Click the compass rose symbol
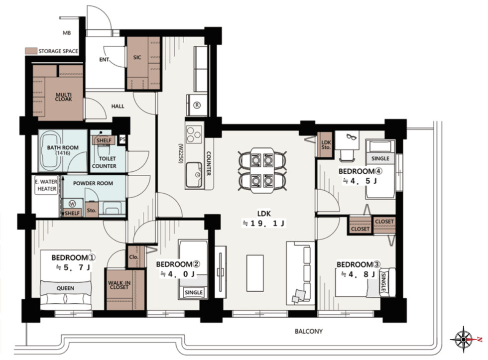[464, 339]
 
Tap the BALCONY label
[308, 332]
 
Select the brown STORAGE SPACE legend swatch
[31, 51]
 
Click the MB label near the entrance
[67, 33]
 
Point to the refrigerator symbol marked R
[197, 105]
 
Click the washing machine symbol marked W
[72, 204]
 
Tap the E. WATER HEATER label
[47, 185]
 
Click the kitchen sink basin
[194, 175]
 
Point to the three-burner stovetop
[194, 134]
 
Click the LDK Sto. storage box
[326, 145]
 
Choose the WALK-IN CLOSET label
[119, 285]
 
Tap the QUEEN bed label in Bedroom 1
[65, 288]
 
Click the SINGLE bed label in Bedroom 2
[194, 292]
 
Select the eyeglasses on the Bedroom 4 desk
[351, 137]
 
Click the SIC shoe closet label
[137, 57]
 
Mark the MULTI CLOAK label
[64, 97]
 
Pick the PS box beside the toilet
[122, 140]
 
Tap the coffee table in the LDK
[255, 273]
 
